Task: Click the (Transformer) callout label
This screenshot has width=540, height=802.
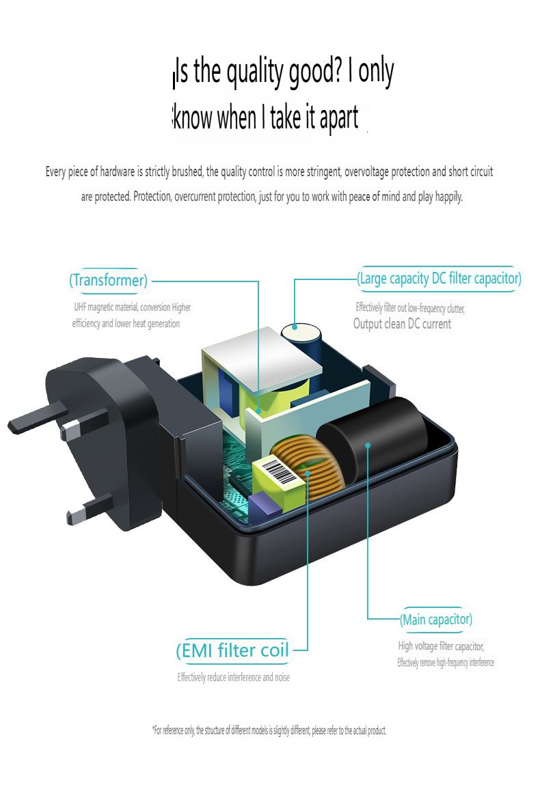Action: [x=109, y=280]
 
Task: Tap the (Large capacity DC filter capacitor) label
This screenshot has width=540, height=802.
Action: [x=439, y=279]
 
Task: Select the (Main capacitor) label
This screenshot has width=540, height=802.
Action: [x=435, y=620]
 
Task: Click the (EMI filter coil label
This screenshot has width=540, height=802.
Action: [x=232, y=650]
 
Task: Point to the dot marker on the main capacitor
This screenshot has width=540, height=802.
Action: [x=368, y=445]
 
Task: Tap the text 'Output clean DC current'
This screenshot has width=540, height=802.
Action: [x=402, y=324]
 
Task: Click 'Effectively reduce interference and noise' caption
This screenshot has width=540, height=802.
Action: [x=234, y=678]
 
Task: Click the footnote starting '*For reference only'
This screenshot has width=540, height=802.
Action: [x=269, y=730]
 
